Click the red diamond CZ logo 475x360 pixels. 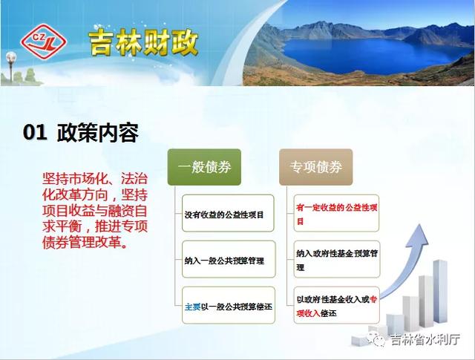coord(43,42)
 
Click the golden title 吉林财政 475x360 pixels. coord(143,42)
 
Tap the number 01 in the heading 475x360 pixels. coord(35,132)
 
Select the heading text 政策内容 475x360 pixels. coord(98,132)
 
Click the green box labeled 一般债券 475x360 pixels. coord(204,167)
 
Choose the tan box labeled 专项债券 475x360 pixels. coord(315,167)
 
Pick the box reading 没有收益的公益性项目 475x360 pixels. coord(228,213)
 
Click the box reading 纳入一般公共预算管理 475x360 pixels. coord(229,259)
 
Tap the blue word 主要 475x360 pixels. coord(193,307)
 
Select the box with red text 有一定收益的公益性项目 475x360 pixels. coord(336,213)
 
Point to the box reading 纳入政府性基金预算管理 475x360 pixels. coord(336,259)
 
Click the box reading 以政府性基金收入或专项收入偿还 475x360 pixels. coord(336,305)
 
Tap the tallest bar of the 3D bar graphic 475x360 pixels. coord(440,291)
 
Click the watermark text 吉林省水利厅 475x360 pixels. coord(425,339)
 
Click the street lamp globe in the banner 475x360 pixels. coord(11,57)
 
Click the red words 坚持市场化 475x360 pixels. coord(76,179)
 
